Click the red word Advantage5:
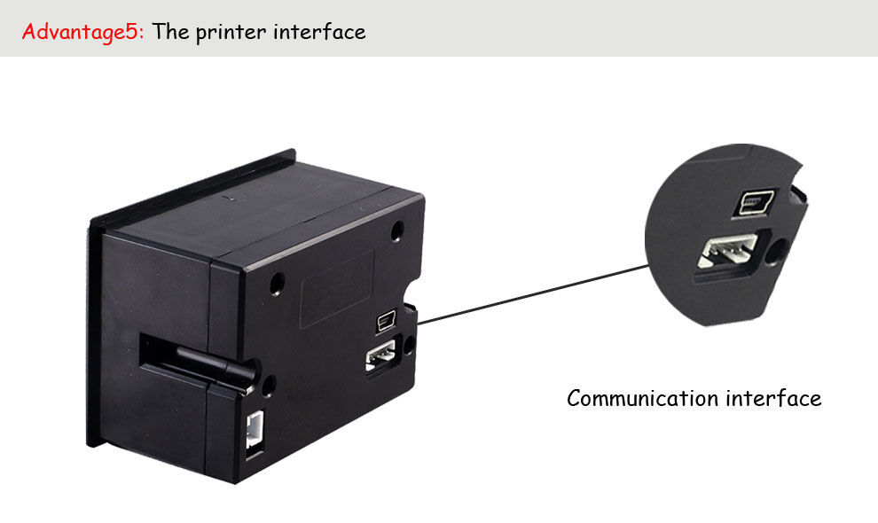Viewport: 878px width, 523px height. click(x=82, y=32)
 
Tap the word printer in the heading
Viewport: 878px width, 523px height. click(x=231, y=33)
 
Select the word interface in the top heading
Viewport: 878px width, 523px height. click(x=319, y=31)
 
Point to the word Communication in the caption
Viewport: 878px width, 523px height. click(x=643, y=398)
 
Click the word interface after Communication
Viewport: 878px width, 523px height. click(x=774, y=398)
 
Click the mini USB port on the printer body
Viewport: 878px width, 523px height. click(x=387, y=322)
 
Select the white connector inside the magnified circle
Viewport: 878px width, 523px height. click(x=727, y=251)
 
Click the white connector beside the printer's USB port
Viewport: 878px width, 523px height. click(x=380, y=356)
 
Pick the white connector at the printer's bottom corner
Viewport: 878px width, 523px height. click(x=255, y=429)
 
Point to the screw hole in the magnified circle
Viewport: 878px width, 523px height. click(x=775, y=252)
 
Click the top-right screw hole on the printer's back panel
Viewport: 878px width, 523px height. click(x=397, y=230)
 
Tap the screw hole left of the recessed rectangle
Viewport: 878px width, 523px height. click(x=277, y=284)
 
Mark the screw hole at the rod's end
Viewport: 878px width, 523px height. click(x=268, y=386)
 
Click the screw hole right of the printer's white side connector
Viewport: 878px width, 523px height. click(x=410, y=344)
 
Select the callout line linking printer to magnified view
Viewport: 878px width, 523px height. click(x=533, y=294)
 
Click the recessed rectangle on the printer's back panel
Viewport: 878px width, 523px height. click(x=338, y=289)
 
